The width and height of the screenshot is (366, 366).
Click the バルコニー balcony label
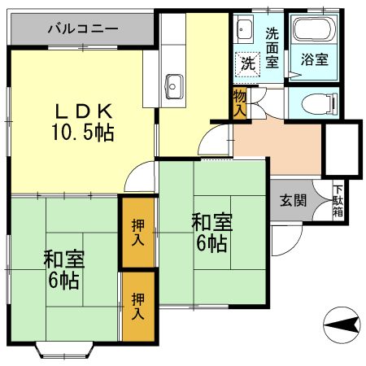tap(82, 28)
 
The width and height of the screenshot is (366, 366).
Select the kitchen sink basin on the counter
tap(175, 82)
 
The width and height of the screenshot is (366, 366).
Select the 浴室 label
tap(313, 59)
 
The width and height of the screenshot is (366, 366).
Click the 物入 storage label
tap(239, 103)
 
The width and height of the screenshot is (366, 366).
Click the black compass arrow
tap(342, 326)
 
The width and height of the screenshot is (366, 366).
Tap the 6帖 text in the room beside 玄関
tap(211, 243)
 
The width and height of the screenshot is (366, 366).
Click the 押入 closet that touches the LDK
tap(137, 231)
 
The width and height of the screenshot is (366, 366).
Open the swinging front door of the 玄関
tap(285, 237)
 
